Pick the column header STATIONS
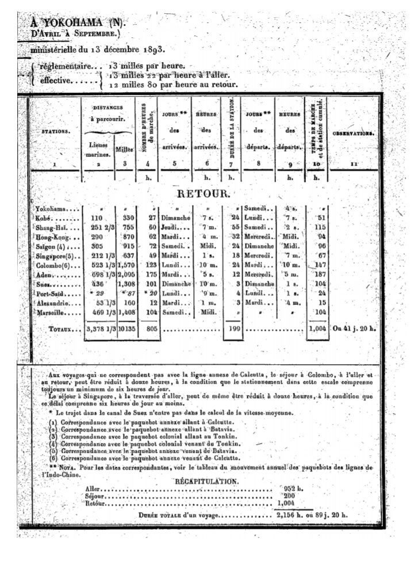pos(56,132)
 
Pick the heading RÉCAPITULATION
pos(206,479)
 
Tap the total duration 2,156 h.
pos(292,515)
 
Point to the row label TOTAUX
pos(65,330)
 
